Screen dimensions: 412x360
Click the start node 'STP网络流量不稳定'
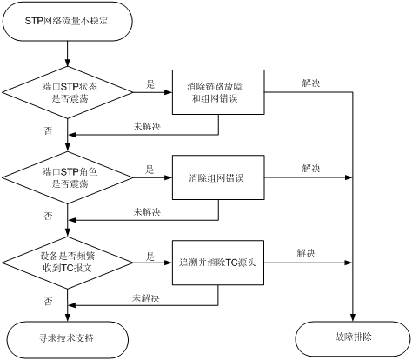point(67,21)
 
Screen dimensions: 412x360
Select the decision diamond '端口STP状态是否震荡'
point(67,92)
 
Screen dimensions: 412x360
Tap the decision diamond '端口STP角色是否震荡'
point(67,177)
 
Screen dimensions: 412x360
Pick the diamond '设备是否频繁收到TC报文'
point(67,263)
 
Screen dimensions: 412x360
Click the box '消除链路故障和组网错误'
point(218,92)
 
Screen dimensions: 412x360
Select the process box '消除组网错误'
point(218,177)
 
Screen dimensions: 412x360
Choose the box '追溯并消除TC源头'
point(218,263)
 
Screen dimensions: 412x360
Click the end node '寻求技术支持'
point(67,338)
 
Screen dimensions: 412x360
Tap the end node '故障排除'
point(353,338)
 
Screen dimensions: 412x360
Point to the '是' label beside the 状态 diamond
point(150,84)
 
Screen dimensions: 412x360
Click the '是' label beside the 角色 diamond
point(150,170)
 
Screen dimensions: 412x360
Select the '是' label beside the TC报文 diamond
point(150,257)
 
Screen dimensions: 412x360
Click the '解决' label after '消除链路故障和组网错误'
point(311,83)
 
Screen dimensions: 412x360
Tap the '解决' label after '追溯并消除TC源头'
point(306,252)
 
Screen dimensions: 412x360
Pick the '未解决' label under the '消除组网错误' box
point(147,211)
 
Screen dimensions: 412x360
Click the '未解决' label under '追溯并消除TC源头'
point(146,297)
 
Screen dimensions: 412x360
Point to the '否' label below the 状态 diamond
point(48,130)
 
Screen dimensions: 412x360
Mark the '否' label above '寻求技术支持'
point(48,302)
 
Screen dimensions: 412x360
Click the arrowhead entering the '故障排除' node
point(353,318)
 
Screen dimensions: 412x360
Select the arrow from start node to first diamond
point(67,54)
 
